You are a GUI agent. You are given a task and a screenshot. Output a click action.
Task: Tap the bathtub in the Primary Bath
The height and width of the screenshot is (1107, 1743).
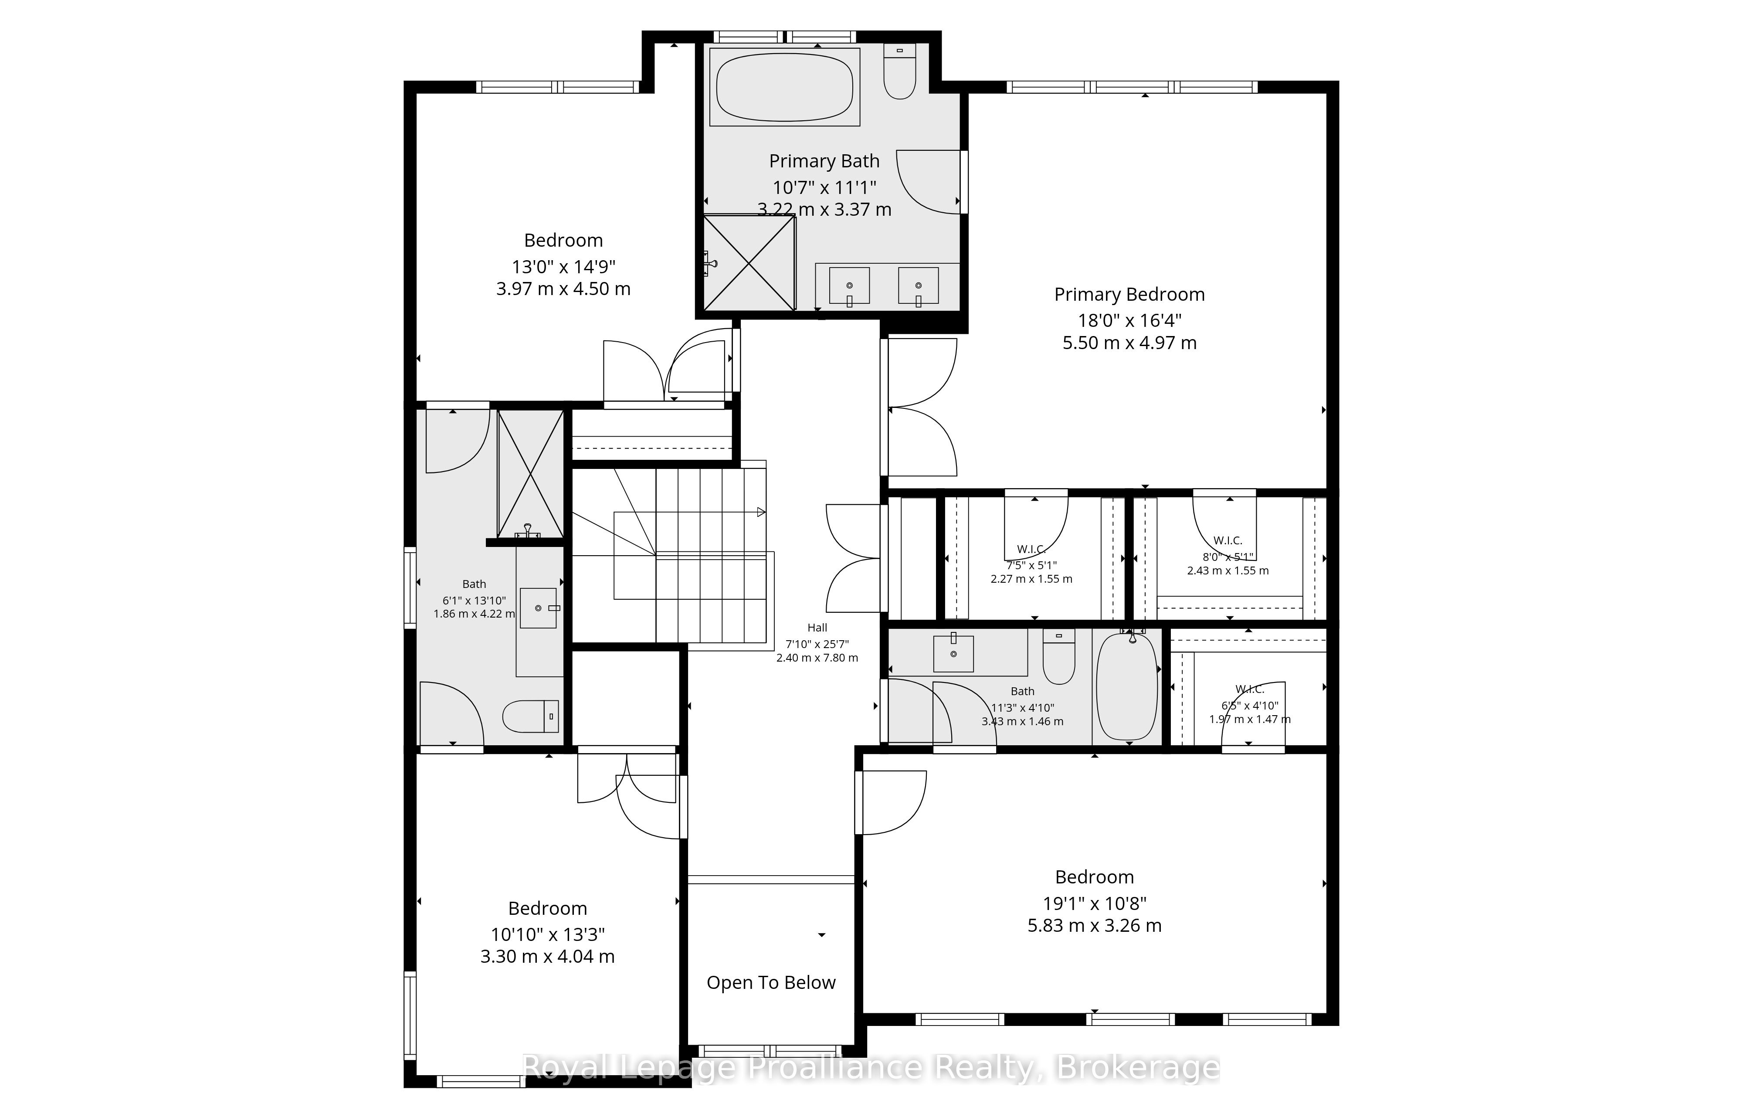coord(785,87)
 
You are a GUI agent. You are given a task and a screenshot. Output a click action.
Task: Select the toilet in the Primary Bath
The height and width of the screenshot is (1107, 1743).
coord(900,71)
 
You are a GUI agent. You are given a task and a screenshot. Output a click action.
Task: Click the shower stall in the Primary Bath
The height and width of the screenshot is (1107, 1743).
coord(749,262)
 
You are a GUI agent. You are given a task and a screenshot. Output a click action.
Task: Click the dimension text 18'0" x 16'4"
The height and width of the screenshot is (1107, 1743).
coord(1129,319)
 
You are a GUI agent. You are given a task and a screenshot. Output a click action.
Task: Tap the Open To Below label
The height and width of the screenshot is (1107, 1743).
coord(771,982)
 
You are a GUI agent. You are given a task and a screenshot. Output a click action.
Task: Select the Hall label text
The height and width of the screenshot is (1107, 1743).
coord(817,628)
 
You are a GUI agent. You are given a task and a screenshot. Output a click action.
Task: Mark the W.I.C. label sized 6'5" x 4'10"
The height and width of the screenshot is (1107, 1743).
coord(1250,689)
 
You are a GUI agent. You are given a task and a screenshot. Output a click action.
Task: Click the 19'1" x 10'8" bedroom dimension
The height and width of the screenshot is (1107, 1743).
coord(1095,903)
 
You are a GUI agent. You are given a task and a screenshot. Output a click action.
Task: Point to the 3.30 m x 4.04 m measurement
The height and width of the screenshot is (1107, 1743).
coord(547,956)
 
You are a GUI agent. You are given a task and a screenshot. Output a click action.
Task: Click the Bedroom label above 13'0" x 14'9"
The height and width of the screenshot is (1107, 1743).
coord(563,241)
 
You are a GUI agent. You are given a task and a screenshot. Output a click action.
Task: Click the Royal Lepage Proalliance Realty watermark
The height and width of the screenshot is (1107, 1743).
coord(871,1067)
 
